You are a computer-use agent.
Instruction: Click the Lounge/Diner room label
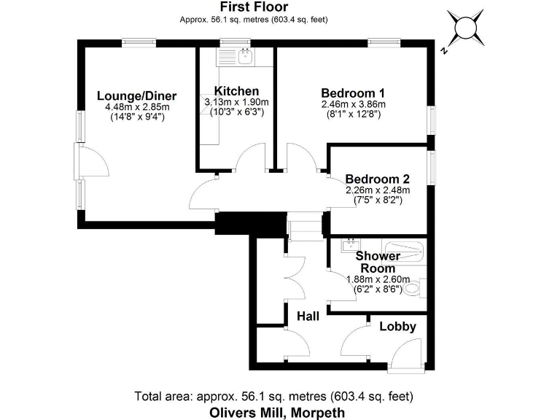pos(136,96)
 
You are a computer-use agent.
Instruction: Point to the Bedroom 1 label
pos(353,93)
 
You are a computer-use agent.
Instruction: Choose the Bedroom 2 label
pos(377,179)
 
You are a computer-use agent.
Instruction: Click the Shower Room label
pos(377,262)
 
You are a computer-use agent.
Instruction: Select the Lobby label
pos(397,326)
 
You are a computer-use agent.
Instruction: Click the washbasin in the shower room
pos(351,244)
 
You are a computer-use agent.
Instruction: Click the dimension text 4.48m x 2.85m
pos(136,106)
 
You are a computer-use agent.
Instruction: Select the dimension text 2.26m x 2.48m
pos(377,190)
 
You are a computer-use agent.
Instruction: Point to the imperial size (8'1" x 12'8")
pos(353,114)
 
